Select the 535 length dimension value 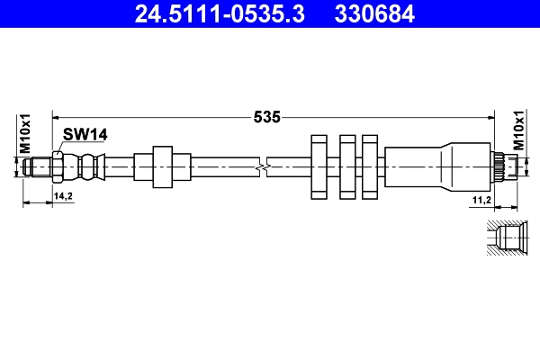[x=268, y=116]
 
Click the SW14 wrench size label [x=85, y=134]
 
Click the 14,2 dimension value [x=63, y=195]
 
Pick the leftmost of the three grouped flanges [x=319, y=166]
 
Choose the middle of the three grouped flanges [x=346, y=166]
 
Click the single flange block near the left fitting [x=163, y=166]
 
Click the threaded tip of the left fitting [x=38, y=166]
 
